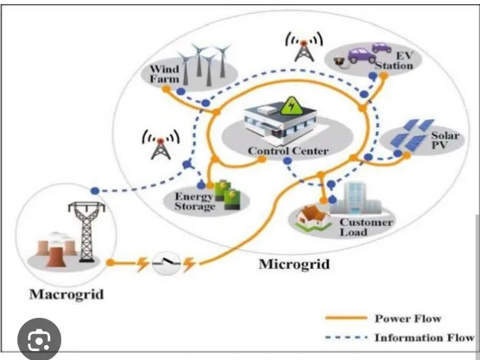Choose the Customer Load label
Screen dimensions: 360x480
click(366, 227)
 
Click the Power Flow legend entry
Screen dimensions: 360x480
click(408, 318)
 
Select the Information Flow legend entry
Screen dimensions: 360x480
click(424, 338)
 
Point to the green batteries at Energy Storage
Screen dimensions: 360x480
click(226, 196)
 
